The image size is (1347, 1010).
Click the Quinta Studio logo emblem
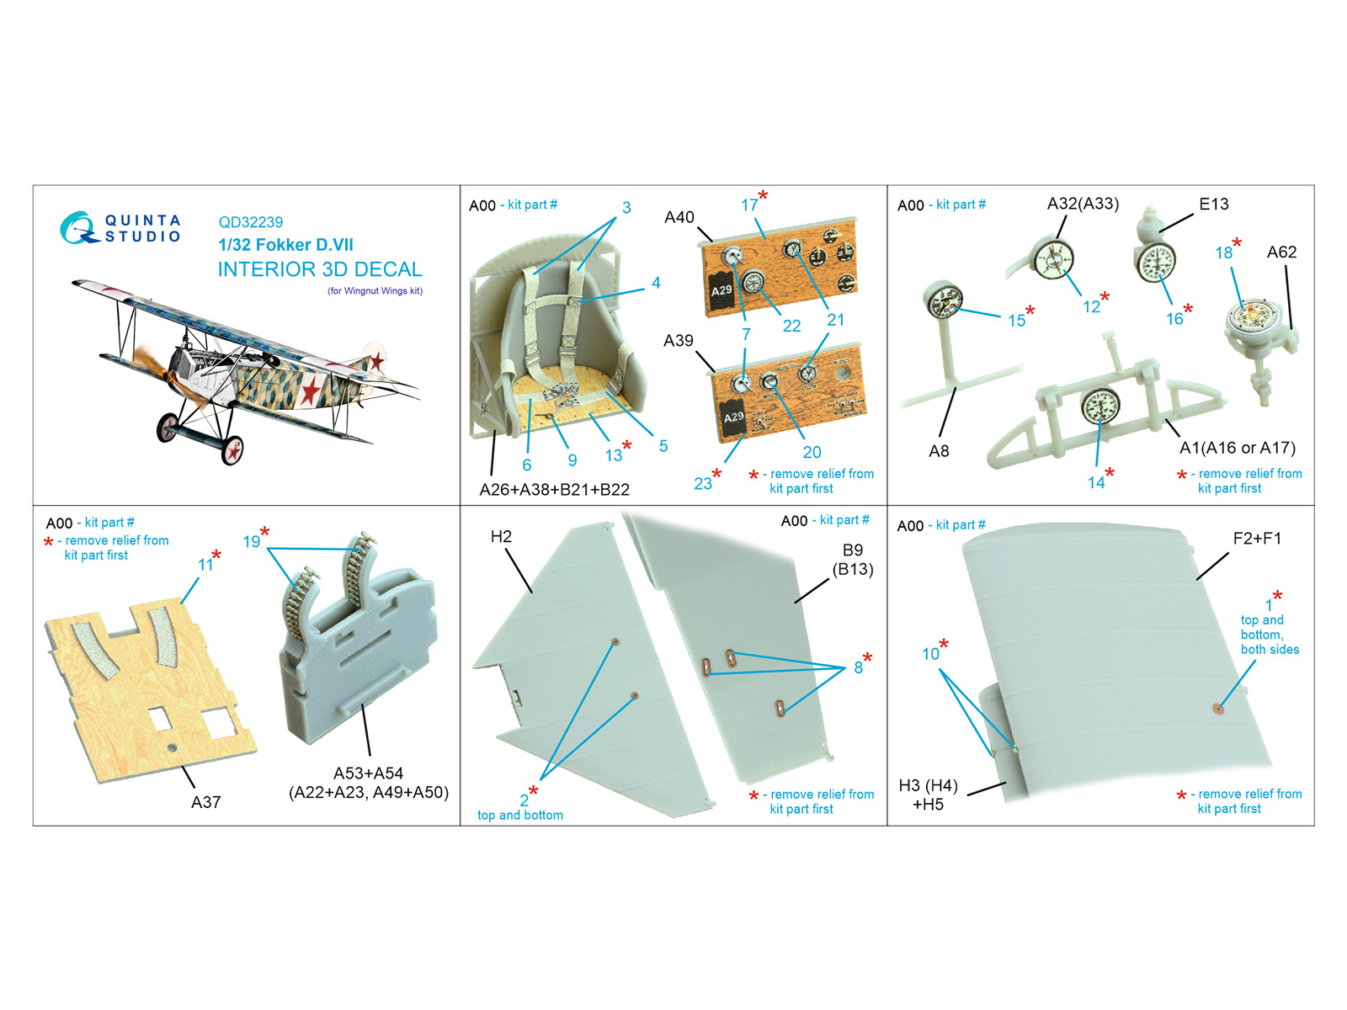[78, 227]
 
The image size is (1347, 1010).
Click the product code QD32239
[250, 222]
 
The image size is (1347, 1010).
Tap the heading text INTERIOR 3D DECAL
[320, 269]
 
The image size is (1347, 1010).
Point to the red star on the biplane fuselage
[311, 390]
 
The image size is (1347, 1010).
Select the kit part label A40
[679, 218]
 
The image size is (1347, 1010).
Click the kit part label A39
[678, 340]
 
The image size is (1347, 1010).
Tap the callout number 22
[791, 326]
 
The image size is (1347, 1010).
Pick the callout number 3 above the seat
[626, 207]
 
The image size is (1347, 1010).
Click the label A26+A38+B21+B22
[554, 489]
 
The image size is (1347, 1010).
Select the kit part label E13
[1213, 205]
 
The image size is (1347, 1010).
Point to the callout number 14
[1095, 482]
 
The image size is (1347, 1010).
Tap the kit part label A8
[939, 451]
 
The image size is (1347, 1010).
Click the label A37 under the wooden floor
[205, 802]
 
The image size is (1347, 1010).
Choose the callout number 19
[251, 541]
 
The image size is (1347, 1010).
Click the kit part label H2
[501, 537]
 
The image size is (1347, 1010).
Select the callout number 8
[858, 667]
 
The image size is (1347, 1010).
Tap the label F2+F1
[1258, 539]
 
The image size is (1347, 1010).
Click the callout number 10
[930, 654]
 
